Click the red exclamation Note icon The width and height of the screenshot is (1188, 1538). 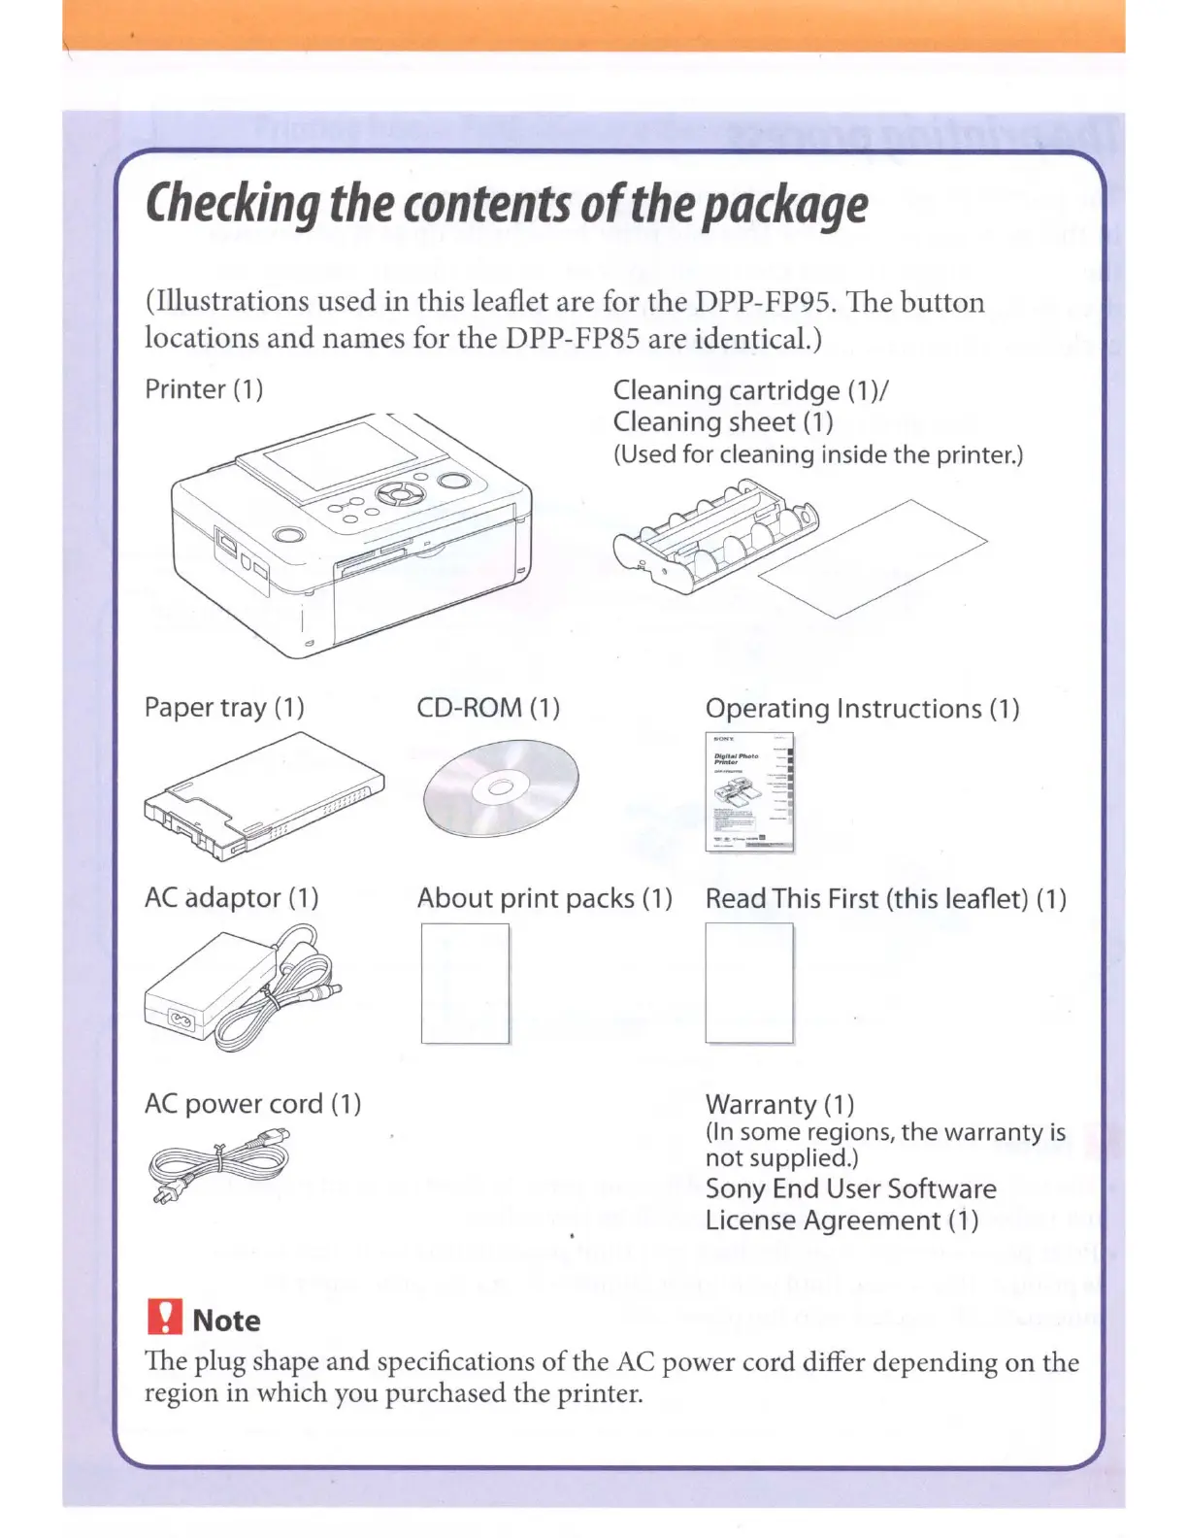point(165,1318)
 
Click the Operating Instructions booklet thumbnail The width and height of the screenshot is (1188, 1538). point(749,792)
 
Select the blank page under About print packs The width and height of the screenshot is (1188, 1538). point(465,983)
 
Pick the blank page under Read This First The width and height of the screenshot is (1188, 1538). point(748,983)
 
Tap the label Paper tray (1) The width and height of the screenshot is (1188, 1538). point(224,707)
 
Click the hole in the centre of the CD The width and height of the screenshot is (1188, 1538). point(500,787)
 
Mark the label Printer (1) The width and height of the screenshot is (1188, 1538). point(204,389)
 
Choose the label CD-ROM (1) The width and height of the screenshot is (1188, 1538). point(488,707)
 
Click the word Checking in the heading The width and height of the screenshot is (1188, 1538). point(232,205)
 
